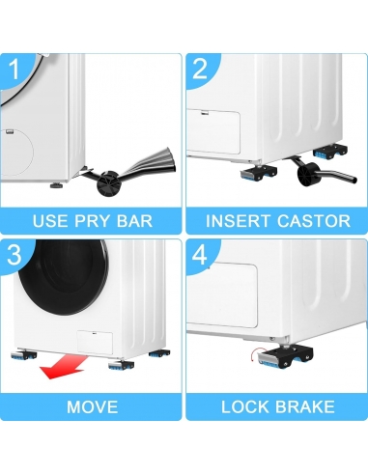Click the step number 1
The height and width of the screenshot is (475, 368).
[14, 69]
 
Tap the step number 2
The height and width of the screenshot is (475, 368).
[200, 69]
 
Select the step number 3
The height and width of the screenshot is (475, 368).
[14, 254]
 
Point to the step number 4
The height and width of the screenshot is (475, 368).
[200, 255]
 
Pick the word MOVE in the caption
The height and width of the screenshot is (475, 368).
[93, 406]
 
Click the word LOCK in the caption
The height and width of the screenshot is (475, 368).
[245, 406]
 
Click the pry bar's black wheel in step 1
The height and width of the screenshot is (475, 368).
[108, 183]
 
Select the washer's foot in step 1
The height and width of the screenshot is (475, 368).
[58, 185]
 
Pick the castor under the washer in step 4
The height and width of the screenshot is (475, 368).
[285, 356]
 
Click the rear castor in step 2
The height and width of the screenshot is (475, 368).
[330, 152]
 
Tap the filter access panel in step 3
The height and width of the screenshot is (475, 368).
[95, 343]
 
